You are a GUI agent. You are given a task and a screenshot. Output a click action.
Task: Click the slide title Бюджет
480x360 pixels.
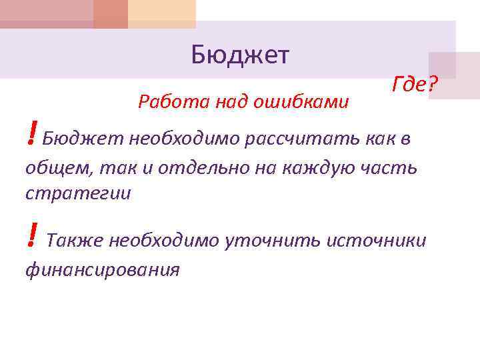click(x=240, y=55)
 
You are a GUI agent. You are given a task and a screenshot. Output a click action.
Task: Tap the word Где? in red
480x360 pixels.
click(x=414, y=85)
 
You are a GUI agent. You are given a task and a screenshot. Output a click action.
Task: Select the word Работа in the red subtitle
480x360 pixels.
click(x=163, y=102)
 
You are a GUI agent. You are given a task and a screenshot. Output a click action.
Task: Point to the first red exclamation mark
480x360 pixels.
click(x=31, y=135)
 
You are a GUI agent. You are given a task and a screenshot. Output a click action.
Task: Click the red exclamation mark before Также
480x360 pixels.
click(x=31, y=236)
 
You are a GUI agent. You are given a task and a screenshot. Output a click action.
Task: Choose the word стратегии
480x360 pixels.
click(x=78, y=193)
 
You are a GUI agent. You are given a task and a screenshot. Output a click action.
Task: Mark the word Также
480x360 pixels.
click(x=75, y=240)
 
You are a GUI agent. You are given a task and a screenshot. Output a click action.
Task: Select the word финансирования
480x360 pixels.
click(x=102, y=269)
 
